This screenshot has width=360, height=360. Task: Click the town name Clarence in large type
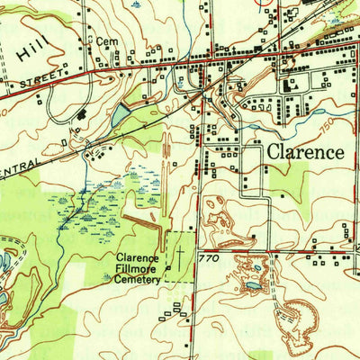click(x=303, y=151)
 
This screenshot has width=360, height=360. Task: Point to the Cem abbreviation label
click(x=107, y=41)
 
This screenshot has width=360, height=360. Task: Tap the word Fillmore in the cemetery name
click(x=138, y=267)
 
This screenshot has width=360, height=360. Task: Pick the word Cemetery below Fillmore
click(x=138, y=279)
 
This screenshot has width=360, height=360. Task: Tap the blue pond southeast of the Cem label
click(x=121, y=114)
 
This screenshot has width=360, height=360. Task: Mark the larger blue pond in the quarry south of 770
click(x=253, y=285)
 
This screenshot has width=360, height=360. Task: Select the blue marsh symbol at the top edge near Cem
click(x=136, y=4)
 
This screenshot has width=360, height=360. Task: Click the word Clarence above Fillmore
click(x=138, y=256)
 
